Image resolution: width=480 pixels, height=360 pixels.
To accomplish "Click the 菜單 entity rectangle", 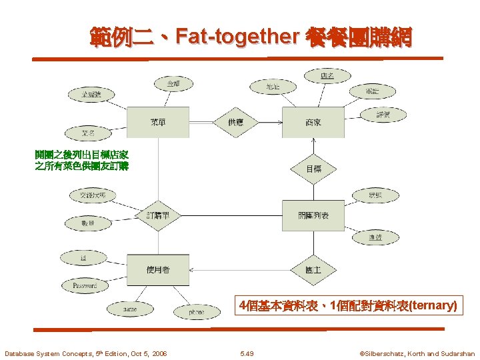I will (158, 122).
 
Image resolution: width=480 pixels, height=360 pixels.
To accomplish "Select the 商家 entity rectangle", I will (313, 122).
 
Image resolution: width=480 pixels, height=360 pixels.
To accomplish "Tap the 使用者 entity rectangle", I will (158, 269).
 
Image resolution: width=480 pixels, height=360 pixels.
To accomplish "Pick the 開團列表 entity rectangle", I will (313, 215).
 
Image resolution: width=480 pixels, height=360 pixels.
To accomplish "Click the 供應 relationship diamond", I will (236, 122).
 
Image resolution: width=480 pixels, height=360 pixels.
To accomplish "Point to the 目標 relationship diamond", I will (313, 169).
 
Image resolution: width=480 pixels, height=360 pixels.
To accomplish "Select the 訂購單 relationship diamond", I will (158, 215).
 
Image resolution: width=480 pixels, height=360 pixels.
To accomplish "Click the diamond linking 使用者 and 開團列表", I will (313, 269).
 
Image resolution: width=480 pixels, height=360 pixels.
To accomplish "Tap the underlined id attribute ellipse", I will (83, 257).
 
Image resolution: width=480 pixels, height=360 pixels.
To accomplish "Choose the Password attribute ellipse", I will (85, 285).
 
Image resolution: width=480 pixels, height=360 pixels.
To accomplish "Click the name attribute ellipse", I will (130, 309).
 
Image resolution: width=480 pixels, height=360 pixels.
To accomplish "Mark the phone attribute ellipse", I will (196, 311).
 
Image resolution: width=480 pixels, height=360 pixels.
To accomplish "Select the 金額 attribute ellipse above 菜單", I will (173, 83).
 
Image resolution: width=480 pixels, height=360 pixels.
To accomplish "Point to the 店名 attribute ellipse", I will (327, 76).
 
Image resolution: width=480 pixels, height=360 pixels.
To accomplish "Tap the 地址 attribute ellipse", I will (272, 87).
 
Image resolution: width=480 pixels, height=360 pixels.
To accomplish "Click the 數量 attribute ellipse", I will (87, 223).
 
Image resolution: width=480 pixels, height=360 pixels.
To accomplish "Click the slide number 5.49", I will (247, 353).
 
